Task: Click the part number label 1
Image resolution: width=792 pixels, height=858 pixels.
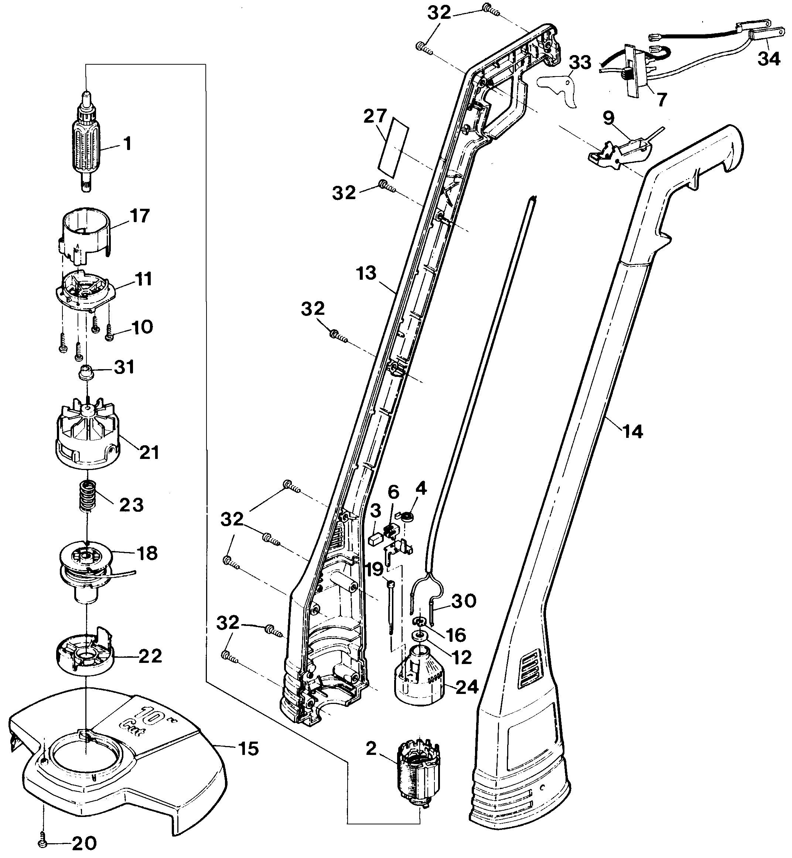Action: click(127, 144)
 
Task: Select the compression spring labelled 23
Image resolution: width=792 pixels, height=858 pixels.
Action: click(88, 496)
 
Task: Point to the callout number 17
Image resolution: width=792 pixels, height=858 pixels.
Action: click(140, 216)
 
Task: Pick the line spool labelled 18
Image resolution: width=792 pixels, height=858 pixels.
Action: click(86, 564)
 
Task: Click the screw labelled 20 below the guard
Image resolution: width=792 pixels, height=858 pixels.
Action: click(43, 842)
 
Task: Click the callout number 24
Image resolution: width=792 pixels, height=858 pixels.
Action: click(466, 687)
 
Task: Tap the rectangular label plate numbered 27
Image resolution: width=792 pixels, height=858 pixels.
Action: click(393, 150)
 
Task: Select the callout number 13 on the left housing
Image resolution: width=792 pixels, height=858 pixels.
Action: click(366, 273)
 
